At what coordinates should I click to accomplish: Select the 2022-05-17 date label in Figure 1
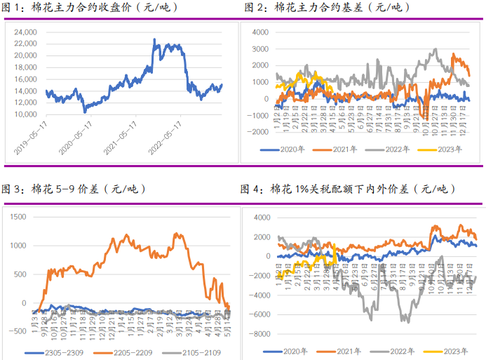[x=166, y=138]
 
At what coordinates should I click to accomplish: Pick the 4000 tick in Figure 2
[x=260, y=32]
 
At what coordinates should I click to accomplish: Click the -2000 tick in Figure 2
[x=259, y=131]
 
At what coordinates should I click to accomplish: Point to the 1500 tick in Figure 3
[x=18, y=217]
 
